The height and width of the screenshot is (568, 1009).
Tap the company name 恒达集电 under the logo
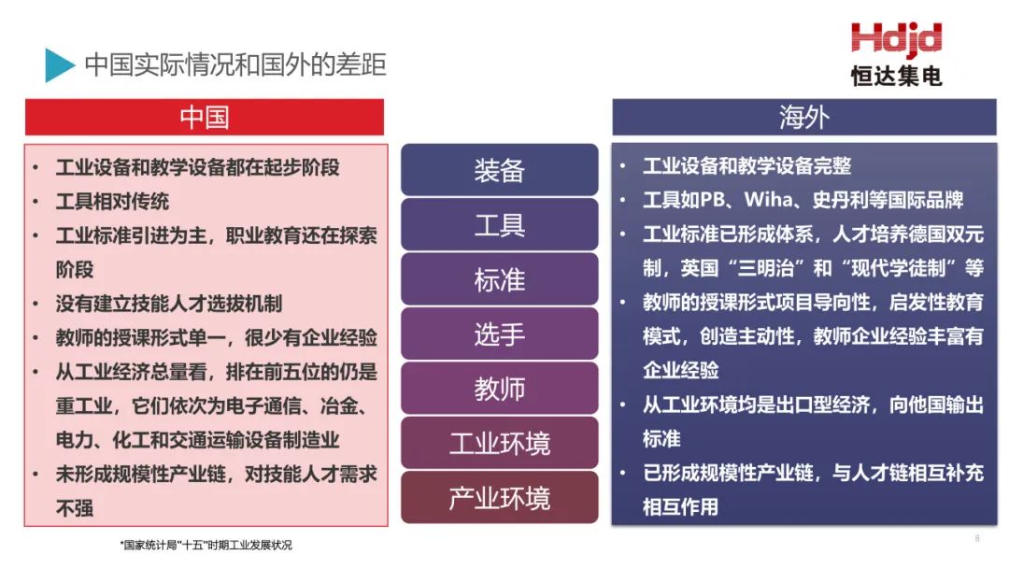(x=896, y=76)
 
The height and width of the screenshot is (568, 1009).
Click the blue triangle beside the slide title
(x=60, y=65)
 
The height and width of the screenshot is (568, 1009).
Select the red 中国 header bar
(x=205, y=117)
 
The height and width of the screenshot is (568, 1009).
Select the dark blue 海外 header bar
(x=804, y=117)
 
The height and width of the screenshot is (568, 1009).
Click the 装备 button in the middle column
(x=499, y=170)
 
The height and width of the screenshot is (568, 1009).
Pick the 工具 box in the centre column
(x=499, y=224)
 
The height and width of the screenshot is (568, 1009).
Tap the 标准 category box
(x=499, y=279)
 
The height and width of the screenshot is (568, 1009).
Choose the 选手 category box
(x=499, y=334)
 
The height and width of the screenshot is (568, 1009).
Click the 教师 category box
(x=499, y=389)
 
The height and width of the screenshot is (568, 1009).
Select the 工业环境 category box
(x=499, y=443)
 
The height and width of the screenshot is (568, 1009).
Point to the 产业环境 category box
(x=499, y=498)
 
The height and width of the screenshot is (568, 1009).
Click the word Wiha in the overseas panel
(x=768, y=199)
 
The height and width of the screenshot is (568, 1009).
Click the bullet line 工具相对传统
(x=113, y=202)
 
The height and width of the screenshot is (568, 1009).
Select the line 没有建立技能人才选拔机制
(x=169, y=304)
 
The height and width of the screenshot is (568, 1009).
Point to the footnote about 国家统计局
(x=206, y=545)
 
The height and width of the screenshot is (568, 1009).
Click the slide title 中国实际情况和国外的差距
(x=235, y=65)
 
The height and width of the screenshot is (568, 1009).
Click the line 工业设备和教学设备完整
(x=747, y=166)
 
